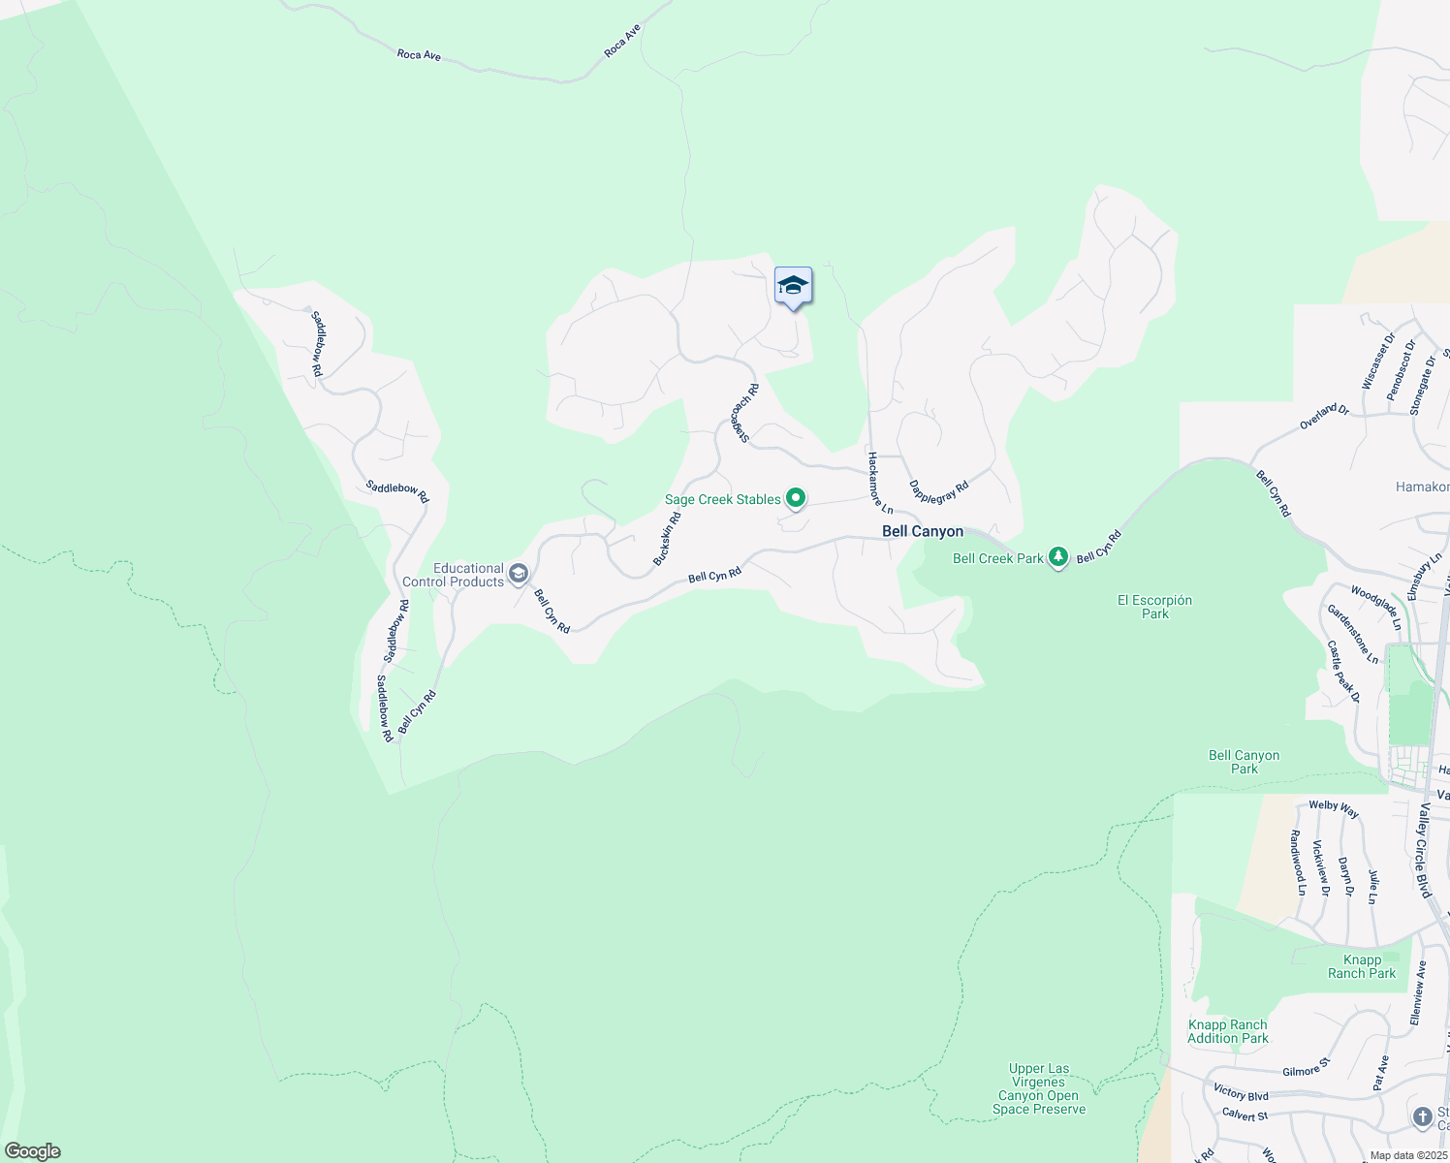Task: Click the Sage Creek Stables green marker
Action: click(x=796, y=498)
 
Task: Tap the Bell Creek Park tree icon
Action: click(x=1059, y=557)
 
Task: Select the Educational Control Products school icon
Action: click(x=519, y=575)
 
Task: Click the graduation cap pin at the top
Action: click(x=793, y=287)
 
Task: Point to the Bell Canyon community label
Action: click(x=923, y=531)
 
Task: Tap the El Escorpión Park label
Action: click(x=1154, y=607)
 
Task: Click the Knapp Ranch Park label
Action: click(x=1362, y=966)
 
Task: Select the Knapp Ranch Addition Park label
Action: click(x=1228, y=1031)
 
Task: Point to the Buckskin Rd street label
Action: click(x=667, y=539)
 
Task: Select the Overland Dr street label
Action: click(x=1324, y=417)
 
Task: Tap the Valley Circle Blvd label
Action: click(x=1424, y=850)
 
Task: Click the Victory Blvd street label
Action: click(x=1241, y=1093)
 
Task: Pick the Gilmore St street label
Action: click(x=1307, y=1070)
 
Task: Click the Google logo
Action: click(x=33, y=1151)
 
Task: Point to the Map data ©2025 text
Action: click(x=1407, y=1155)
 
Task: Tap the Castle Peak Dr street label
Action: click(x=1343, y=671)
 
